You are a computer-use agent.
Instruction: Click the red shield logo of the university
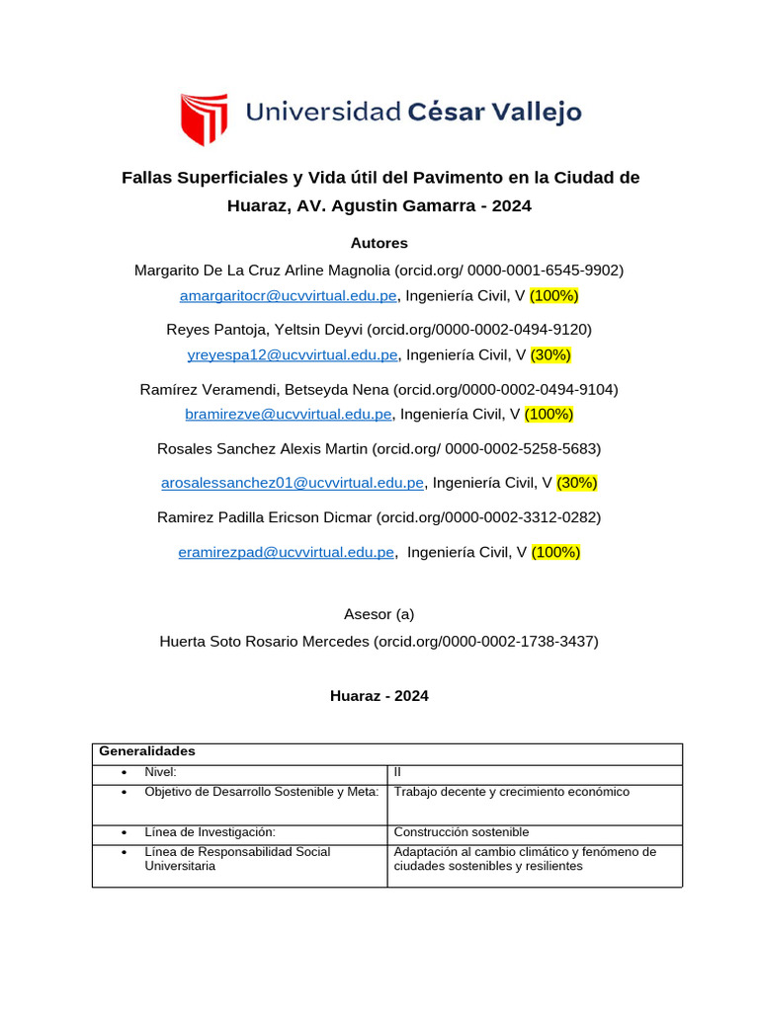click(204, 118)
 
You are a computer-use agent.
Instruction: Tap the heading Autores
click(379, 243)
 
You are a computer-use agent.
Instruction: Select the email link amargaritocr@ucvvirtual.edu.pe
click(288, 296)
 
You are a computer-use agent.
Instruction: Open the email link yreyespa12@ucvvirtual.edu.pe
click(293, 355)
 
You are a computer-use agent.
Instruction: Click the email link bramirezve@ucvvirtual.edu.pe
click(289, 415)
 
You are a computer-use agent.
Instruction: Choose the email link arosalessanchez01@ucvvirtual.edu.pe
click(293, 483)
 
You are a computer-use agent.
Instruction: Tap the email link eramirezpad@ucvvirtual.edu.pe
click(287, 553)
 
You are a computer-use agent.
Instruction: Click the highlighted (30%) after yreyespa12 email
click(550, 355)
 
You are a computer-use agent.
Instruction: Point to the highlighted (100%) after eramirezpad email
click(555, 553)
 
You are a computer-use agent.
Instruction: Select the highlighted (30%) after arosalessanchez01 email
click(577, 483)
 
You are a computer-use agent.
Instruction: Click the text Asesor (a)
click(379, 614)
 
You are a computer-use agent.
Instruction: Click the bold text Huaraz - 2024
click(379, 696)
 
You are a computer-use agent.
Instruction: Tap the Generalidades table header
click(146, 752)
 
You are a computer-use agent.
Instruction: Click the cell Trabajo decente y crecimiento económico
click(511, 792)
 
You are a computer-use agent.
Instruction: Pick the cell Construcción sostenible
click(461, 832)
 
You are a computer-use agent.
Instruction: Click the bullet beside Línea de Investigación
click(123, 833)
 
